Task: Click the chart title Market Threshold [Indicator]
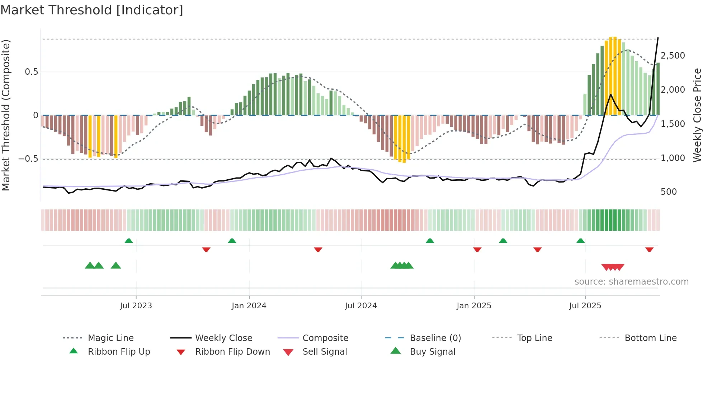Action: [92, 10]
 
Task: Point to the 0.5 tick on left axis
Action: [31, 72]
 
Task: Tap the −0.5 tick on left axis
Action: [28, 159]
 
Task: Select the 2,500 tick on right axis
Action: [673, 56]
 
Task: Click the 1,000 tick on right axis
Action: [673, 158]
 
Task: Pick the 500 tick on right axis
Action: [669, 192]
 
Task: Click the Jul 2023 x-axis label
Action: [136, 306]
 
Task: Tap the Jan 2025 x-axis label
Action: [474, 306]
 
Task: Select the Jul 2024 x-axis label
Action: [361, 306]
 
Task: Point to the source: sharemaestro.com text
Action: [631, 282]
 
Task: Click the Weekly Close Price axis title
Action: [697, 115]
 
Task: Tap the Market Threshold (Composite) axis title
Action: [6, 115]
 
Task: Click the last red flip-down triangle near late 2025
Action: [649, 249]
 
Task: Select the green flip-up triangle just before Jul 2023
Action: [129, 241]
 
